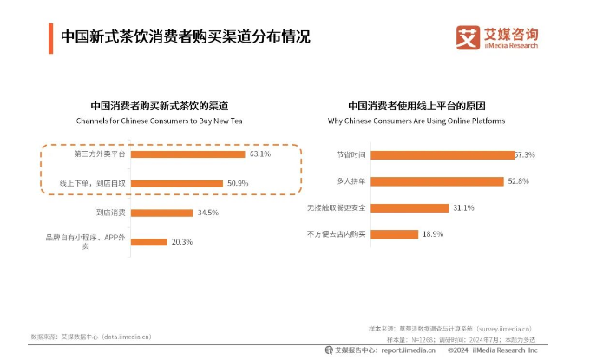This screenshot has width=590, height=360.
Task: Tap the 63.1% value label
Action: pyautogui.click(x=260, y=154)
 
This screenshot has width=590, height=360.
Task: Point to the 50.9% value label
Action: pyautogui.click(x=239, y=183)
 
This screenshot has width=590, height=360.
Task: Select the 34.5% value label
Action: pyautogui.click(x=209, y=212)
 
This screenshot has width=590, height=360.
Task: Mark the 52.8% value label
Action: pyautogui.click(x=518, y=180)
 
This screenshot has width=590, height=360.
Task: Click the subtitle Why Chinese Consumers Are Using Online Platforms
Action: pyautogui.click(x=416, y=121)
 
